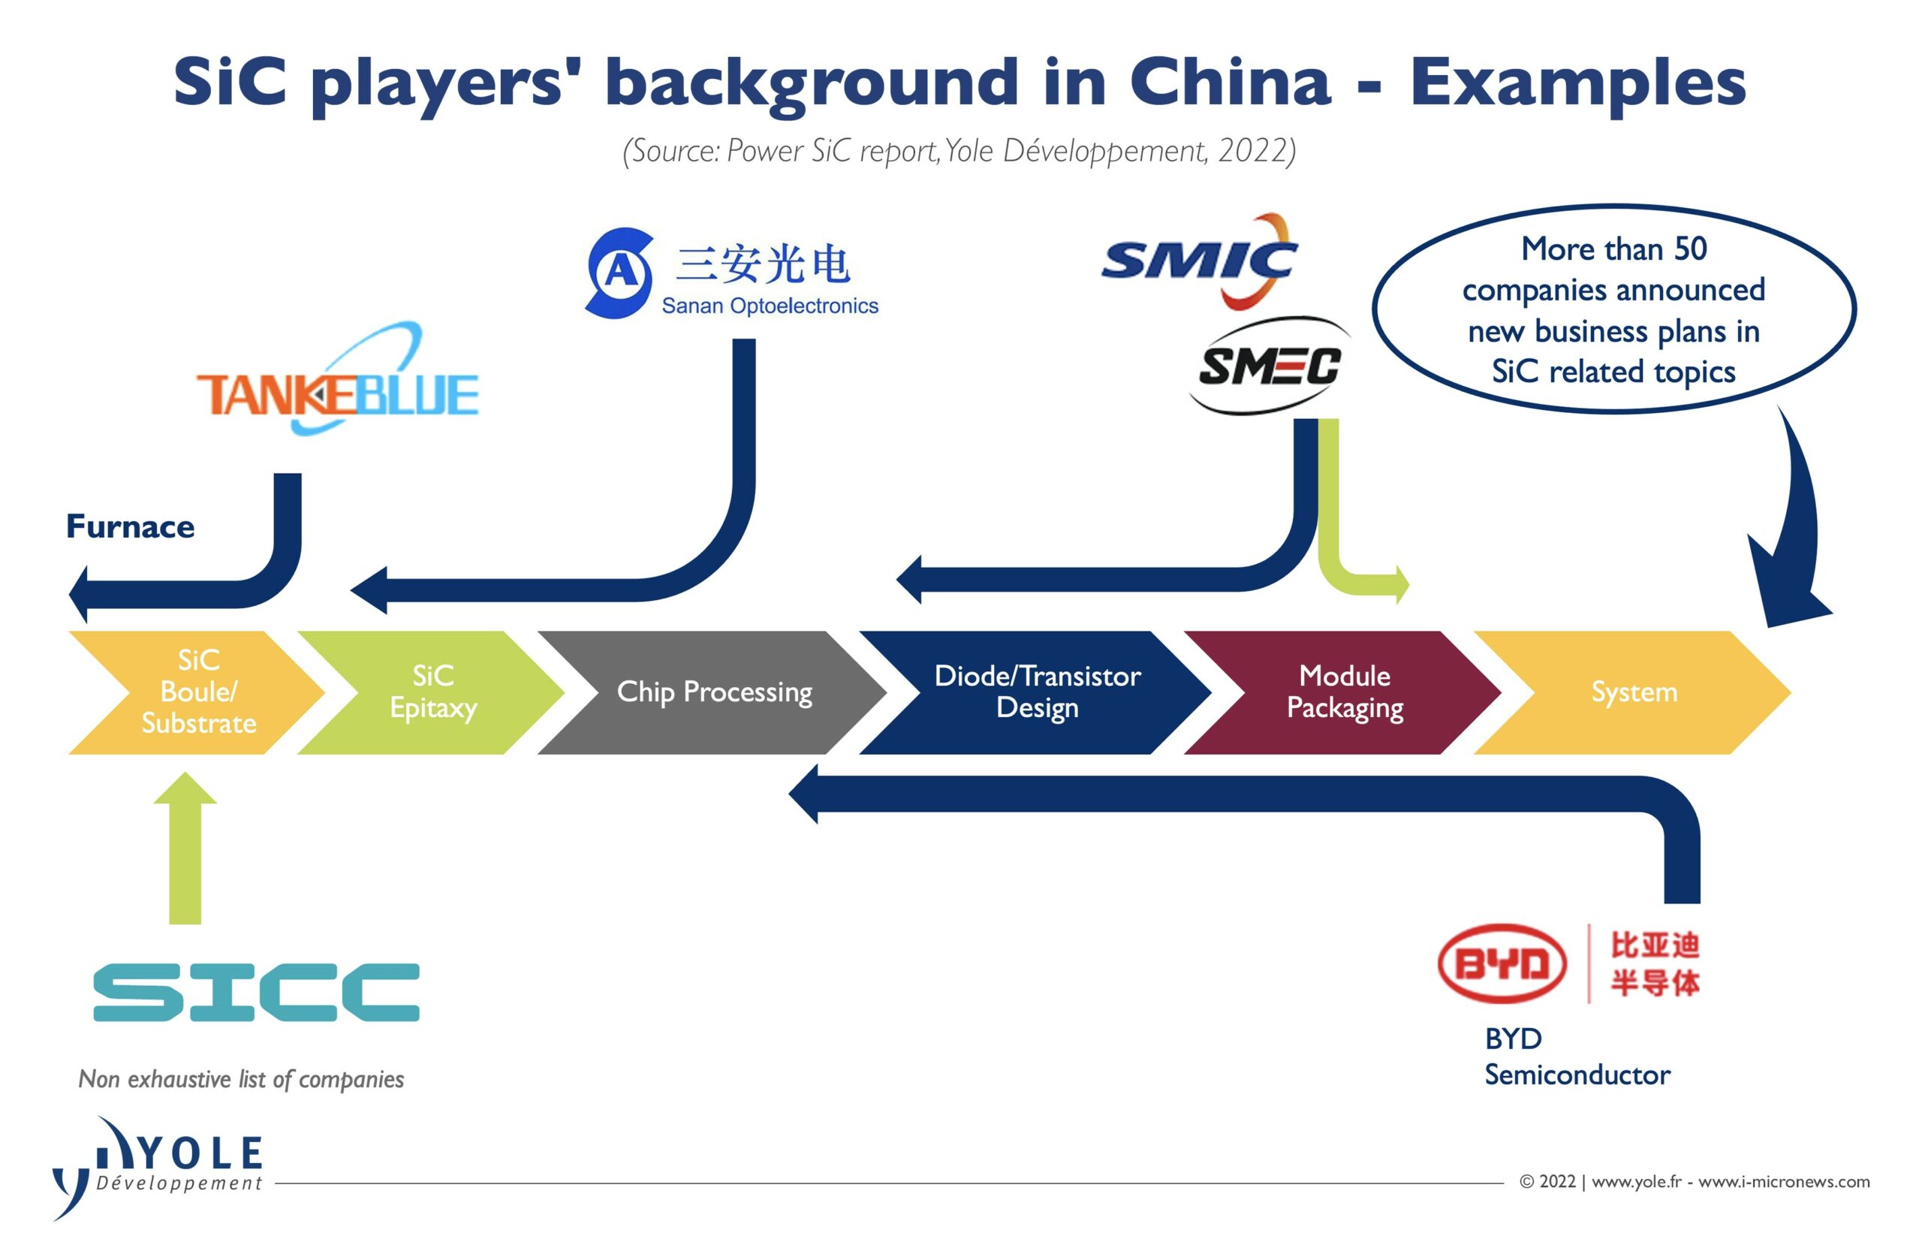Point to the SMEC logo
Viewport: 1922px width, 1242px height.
point(1270,366)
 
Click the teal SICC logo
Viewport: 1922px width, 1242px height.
point(256,992)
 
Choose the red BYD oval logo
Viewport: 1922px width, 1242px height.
point(1502,963)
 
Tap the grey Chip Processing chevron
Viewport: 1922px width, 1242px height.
point(712,692)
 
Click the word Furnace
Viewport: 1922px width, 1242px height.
point(130,526)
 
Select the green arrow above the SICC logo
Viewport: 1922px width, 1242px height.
point(185,849)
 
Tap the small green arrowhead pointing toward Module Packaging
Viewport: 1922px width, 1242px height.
point(1402,584)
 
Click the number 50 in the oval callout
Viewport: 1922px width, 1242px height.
point(1691,249)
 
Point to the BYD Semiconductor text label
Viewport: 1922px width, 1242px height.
point(1577,1057)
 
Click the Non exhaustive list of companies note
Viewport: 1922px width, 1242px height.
point(241,1079)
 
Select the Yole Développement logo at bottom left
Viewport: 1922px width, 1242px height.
point(158,1168)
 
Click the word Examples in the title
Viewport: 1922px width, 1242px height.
point(1577,83)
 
